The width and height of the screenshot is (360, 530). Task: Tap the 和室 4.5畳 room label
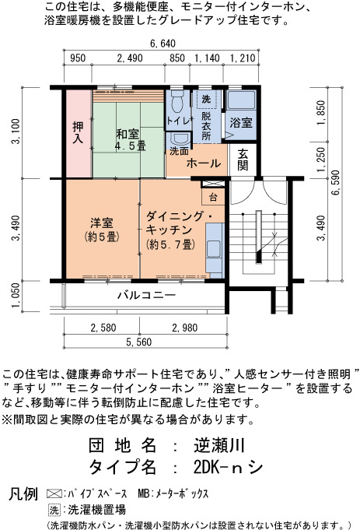(x=128, y=139)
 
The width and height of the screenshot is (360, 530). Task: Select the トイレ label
(x=178, y=121)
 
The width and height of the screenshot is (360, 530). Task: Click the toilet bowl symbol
(x=177, y=100)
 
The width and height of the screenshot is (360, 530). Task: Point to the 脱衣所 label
(x=206, y=126)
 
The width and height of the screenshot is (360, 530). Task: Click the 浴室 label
(x=241, y=122)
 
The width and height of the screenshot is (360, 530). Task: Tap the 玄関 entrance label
(x=243, y=160)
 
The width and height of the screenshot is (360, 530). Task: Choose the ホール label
(x=204, y=163)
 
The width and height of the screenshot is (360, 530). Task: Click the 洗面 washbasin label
(x=179, y=151)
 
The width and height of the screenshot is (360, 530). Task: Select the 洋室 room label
(x=102, y=230)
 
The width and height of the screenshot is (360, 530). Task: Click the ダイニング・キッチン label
(x=179, y=230)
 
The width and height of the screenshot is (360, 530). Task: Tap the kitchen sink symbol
(x=213, y=249)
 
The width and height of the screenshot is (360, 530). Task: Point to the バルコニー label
(x=146, y=295)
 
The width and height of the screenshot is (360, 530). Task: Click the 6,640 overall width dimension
(x=163, y=44)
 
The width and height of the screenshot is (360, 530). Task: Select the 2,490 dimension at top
(x=130, y=58)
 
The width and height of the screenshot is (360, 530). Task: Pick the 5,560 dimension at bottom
(x=139, y=342)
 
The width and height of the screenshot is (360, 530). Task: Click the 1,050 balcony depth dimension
(x=16, y=295)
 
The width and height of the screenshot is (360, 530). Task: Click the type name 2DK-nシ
(x=229, y=468)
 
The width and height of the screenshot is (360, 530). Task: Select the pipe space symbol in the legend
(x=54, y=494)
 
